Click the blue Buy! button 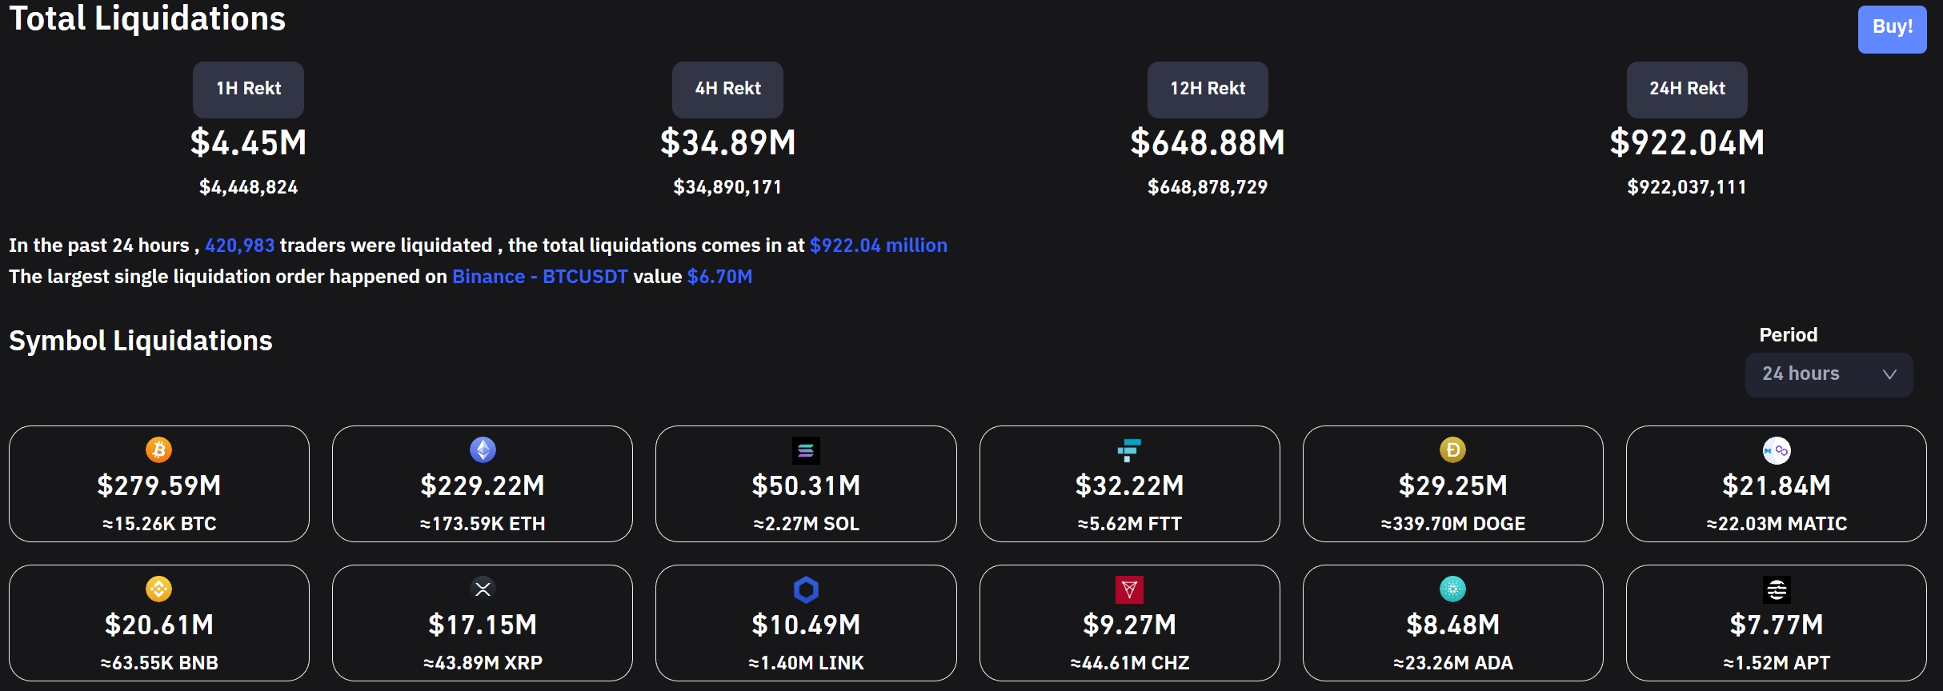pos(1892,28)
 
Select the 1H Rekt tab pos(248,89)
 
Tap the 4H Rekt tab pos(727,89)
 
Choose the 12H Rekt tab pos(1208,89)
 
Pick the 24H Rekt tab pos(1687,89)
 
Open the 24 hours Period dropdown pos(1829,374)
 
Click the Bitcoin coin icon pos(158,449)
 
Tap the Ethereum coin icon pos(483,449)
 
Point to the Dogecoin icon pos(1452,449)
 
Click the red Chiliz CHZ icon pos(1129,589)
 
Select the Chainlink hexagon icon pos(806,589)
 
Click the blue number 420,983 pos(239,246)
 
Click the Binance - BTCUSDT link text pos(539,277)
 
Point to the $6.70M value pos(719,277)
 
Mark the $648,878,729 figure pos(1208,187)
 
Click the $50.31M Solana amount pos(806,485)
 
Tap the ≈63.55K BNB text pos(159,663)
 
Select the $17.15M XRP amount pos(483,625)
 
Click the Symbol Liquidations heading pos(141,341)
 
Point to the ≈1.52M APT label pos(1777,663)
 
